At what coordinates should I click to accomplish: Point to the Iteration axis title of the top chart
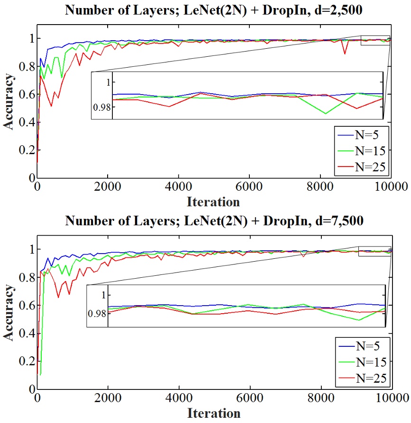[213, 202]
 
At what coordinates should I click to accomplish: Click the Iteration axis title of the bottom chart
[213, 413]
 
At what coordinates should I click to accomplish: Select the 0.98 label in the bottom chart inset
[97, 314]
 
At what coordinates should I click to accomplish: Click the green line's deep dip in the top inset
[326, 113]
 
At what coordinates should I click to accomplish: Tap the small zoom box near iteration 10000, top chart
[375, 41]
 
